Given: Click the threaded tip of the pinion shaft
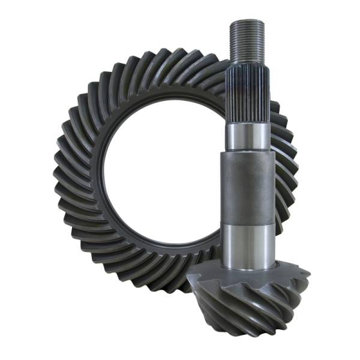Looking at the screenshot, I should click(247, 38).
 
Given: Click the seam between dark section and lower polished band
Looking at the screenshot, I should click(248, 223).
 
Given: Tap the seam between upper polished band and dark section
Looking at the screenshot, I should click(248, 151).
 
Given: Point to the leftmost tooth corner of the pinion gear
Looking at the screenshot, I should click(190, 277).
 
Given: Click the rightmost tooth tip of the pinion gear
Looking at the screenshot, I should click(307, 275).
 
